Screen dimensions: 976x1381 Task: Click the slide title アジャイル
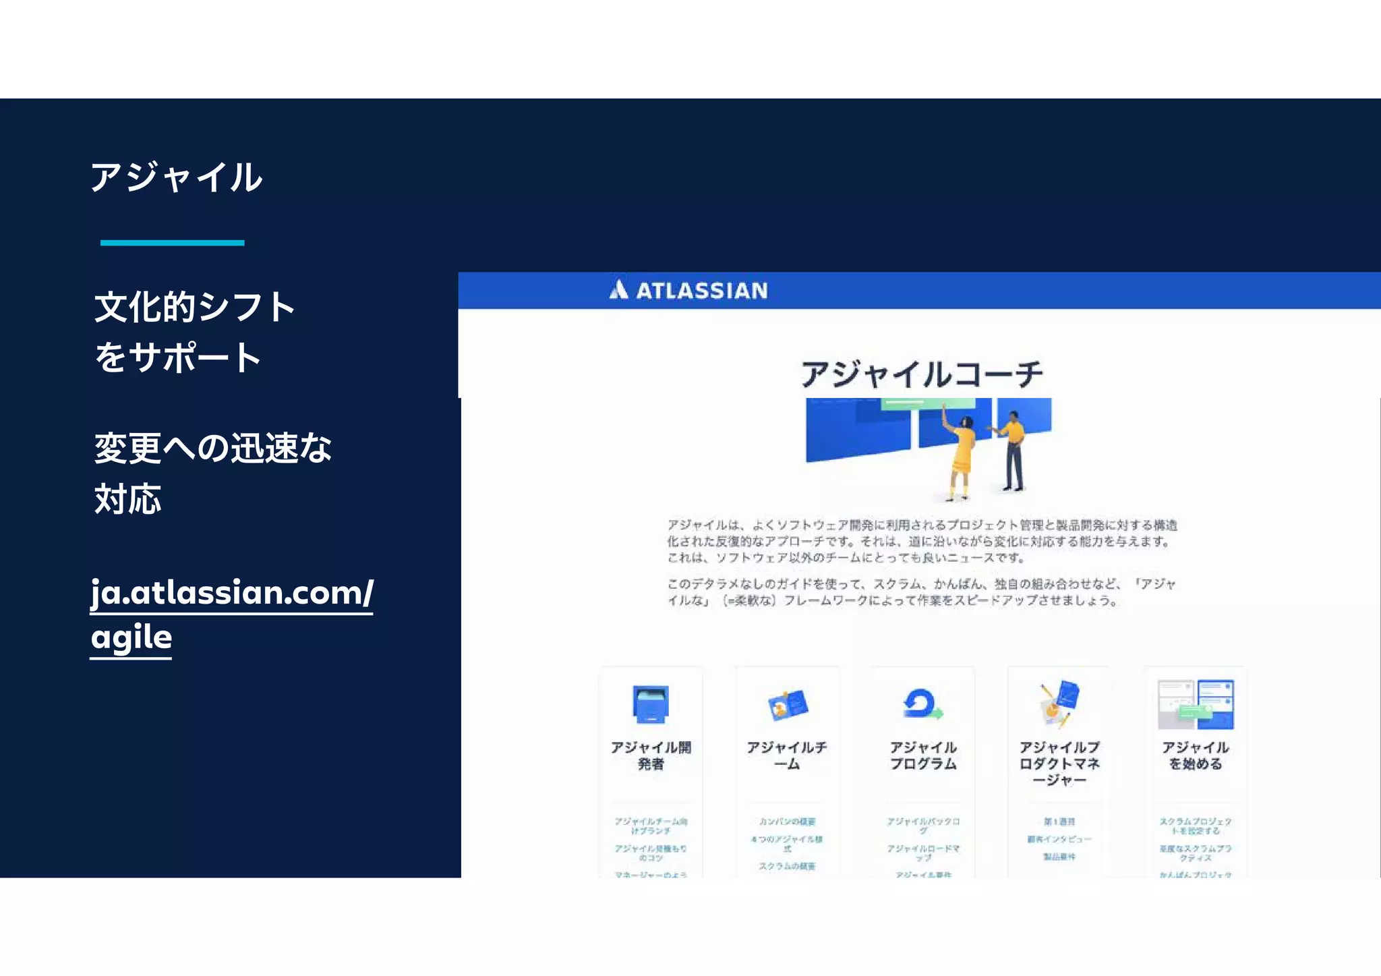[x=176, y=177]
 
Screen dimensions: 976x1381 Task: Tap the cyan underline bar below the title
[x=172, y=243]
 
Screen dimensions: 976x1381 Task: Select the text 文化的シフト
[x=195, y=307]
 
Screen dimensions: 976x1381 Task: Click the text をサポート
[x=178, y=357]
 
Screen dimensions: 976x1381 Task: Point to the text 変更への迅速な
[x=212, y=448]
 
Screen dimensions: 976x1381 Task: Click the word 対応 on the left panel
[x=127, y=499]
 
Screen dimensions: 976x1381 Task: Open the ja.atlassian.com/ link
[x=231, y=593]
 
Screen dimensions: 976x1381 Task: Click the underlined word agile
[x=131, y=637]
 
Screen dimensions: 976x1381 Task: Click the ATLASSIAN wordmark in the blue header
[x=701, y=291]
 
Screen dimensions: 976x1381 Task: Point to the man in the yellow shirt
[x=1012, y=452]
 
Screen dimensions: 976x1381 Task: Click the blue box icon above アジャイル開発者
[x=651, y=704]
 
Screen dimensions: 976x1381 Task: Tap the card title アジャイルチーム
[x=787, y=755]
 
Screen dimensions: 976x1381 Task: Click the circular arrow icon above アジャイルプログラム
[x=921, y=704]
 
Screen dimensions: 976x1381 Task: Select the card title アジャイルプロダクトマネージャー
[x=1059, y=764]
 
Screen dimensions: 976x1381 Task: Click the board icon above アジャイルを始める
[x=1196, y=704]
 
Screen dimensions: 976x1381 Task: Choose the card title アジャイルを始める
[x=1196, y=755]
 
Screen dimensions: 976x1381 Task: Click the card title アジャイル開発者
[x=651, y=755]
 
